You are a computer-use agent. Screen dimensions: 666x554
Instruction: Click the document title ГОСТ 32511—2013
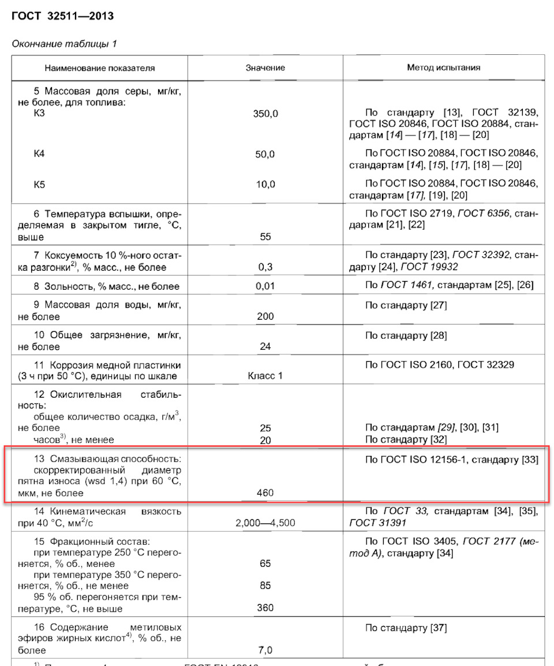[x=62, y=17]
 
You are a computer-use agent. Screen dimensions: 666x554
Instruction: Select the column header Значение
[x=265, y=68]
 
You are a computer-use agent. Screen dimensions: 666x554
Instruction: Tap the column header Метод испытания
[x=443, y=68]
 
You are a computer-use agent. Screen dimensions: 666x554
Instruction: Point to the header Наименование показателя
[x=100, y=68]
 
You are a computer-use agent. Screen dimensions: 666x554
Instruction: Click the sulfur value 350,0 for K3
[x=265, y=114]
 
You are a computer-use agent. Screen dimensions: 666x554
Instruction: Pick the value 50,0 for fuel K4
[x=265, y=154]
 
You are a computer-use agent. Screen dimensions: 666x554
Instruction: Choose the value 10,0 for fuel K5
[x=265, y=184]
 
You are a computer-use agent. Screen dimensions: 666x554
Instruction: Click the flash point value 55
[x=265, y=237]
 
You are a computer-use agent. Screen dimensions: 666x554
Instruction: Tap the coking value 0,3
[x=265, y=267]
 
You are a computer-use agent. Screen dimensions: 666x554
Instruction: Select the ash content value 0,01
[x=265, y=286]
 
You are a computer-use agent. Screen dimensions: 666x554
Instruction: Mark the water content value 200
[x=265, y=316]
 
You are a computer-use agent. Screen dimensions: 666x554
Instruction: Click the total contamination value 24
[x=265, y=346]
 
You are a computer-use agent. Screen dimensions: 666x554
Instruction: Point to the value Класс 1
[x=265, y=376]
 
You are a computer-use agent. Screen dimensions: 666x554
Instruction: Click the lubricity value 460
[x=265, y=493]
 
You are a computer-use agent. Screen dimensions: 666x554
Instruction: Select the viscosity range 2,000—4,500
[x=265, y=523]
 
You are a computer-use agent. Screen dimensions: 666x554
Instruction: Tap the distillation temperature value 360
[x=265, y=608]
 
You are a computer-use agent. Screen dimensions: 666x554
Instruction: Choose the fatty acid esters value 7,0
[x=265, y=650]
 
